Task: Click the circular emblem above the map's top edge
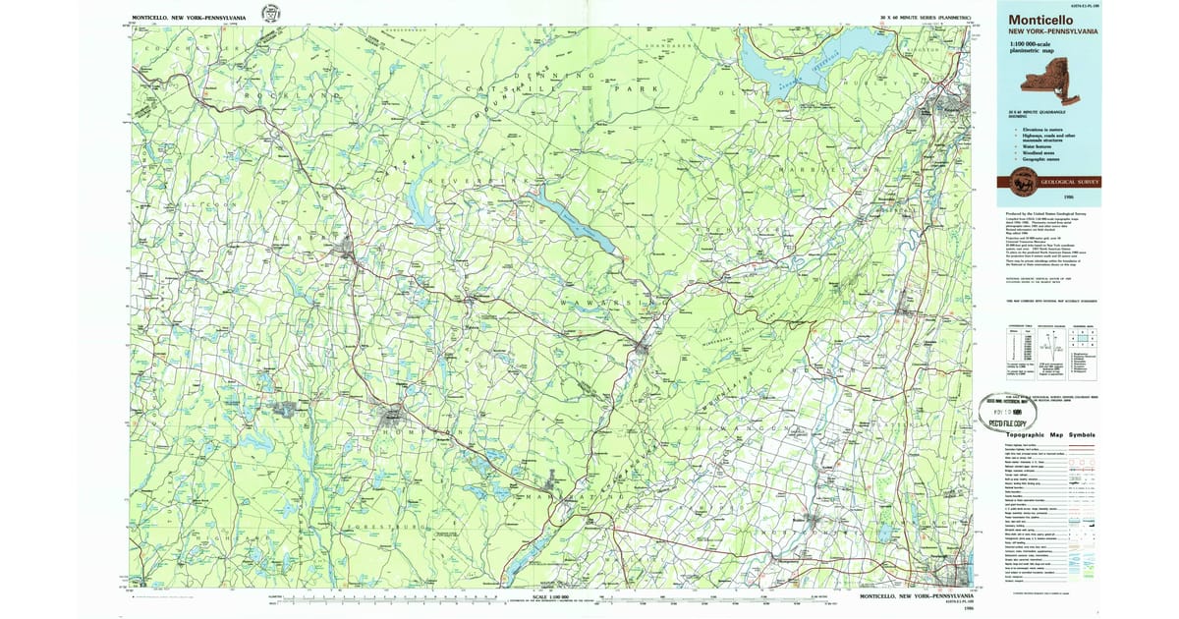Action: click(269, 14)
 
